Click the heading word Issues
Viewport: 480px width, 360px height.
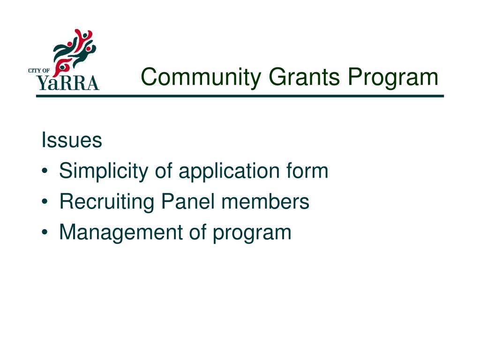(72, 140)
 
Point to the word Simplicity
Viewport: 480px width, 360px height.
(103, 171)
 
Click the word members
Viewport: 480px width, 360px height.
(265, 202)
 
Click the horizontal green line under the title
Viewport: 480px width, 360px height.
(240, 96)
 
